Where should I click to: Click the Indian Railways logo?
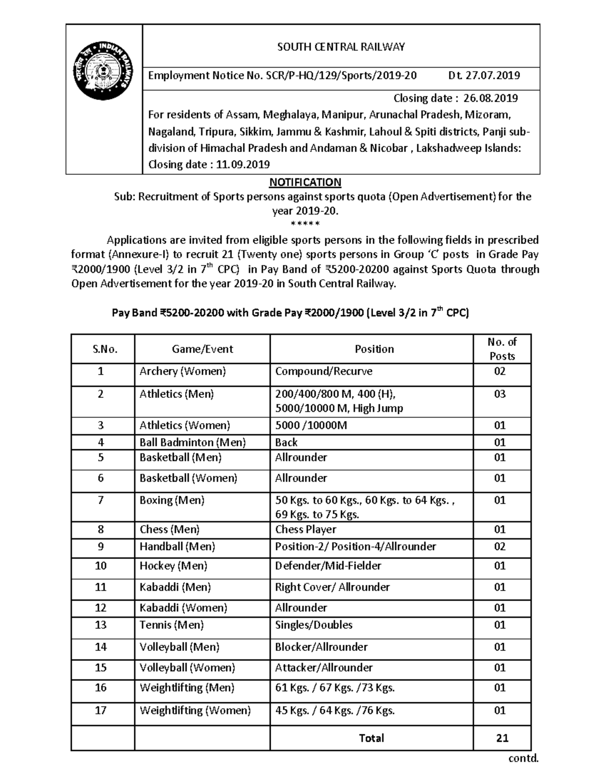(x=104, y=71)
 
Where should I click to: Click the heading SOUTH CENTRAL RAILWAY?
(x=341, y=47)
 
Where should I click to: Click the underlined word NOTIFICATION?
(x=305, y=182)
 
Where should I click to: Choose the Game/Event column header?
(x=203, y=349)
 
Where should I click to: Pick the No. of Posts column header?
(x=502, y=349)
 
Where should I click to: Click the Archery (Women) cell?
(x=183, y=372)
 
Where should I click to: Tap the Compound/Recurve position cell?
(x=324, y=372)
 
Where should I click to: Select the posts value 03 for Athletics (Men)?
(x=499, y=394)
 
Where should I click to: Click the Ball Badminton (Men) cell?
(x=192, y=442)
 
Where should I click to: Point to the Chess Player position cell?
(x=306, y=530)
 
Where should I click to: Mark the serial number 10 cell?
(x=101, y=566)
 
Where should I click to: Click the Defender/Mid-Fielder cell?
(x=328, y=566)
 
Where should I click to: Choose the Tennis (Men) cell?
(x=172, y=625)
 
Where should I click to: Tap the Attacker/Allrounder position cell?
(x=324, y=668)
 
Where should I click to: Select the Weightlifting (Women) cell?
(x=195, y=711)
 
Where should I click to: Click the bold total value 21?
(x=502, y=738)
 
